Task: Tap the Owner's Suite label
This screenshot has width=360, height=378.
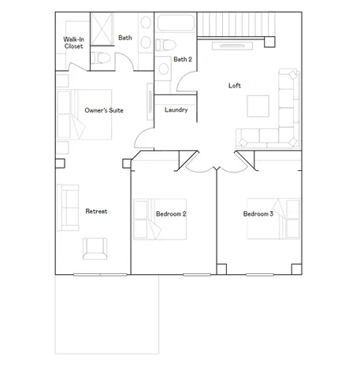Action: pyautogui.click(x=104, y=111)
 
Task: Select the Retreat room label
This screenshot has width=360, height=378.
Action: pyautogui.click(x=96, y=211)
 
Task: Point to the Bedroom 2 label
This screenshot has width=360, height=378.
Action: pyautogui.click(x=171, y=213)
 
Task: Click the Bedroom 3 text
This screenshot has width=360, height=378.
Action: pyautogui.click(x=258, y=213)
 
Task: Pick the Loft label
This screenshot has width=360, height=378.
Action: pyautogui.click(x=235, y=85)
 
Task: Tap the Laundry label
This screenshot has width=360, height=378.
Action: pyautogui.click(x=176, y=109)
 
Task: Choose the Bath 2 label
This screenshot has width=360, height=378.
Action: pyautogui.click(x=183, y=59)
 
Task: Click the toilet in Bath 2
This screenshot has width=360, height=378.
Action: pyautogui.click(x=164, y=69)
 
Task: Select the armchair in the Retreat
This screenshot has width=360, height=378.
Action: pyautogui.click(x=94, y=249)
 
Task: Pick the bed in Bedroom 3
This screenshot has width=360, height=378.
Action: pyautogui.click(x=273, y=217)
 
